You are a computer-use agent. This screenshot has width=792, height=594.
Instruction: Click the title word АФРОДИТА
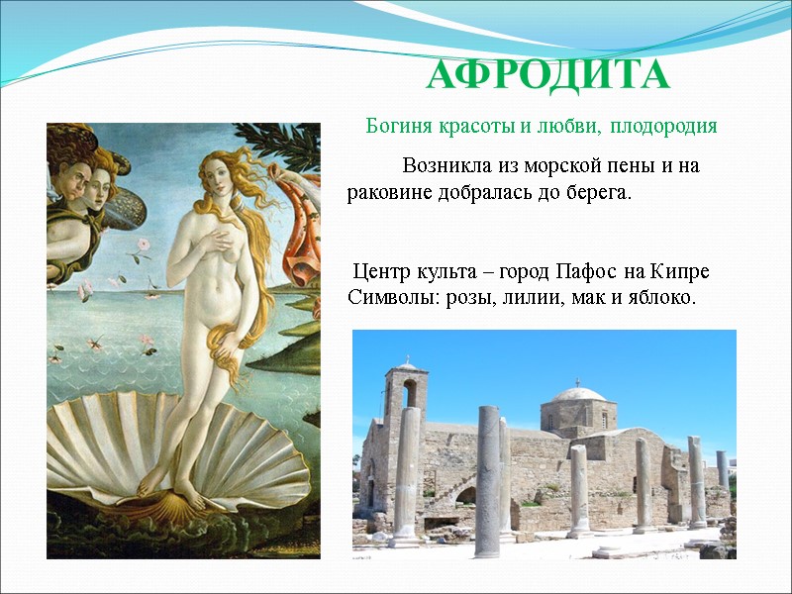tap(548, 75)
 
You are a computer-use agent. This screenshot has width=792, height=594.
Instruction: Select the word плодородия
tap(663, 127)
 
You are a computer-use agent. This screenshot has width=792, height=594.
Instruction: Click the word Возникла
tap(447, 166)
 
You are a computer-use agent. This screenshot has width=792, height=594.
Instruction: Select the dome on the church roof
tap(577, 395)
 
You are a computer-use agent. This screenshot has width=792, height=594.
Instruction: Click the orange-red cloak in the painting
tap(302, 238)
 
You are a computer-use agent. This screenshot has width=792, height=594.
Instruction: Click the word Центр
tap(381, 271)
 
